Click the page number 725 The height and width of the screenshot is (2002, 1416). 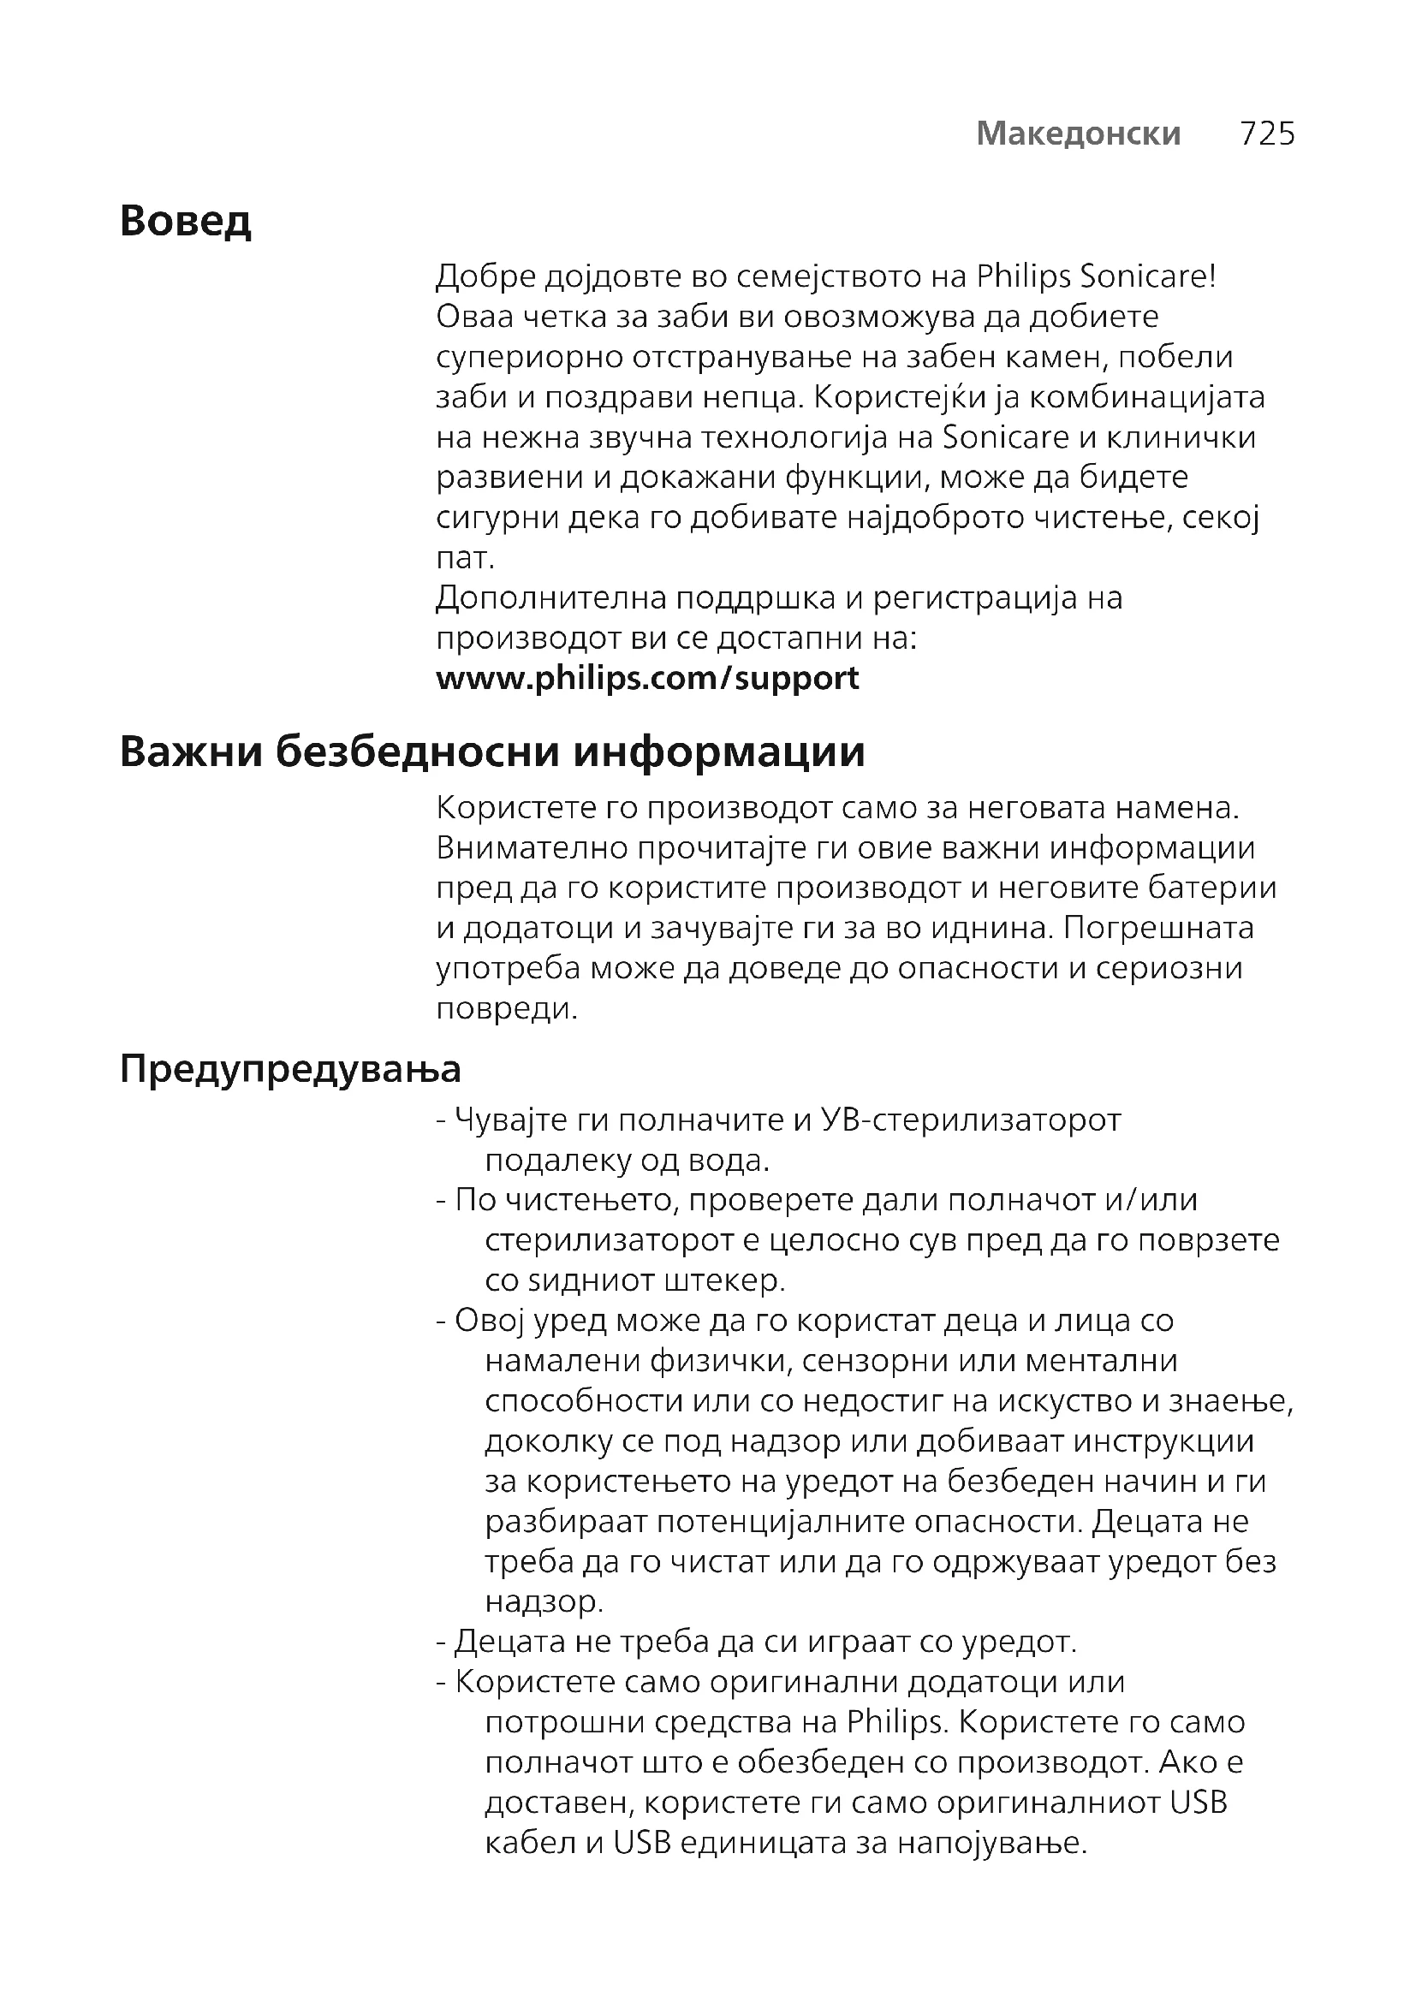tap(1267, 134)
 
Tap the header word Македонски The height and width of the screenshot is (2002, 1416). tap(1079, 134)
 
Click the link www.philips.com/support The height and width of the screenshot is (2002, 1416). tap(647, 678)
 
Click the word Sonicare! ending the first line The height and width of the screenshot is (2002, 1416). tap(1147, 276)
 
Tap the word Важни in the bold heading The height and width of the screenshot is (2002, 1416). tap(190, 751)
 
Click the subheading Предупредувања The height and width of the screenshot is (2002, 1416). tap(289, 1068)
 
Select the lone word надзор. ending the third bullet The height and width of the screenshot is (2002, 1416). tap(544, 1601)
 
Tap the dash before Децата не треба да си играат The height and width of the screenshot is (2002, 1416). tap(441, 1642)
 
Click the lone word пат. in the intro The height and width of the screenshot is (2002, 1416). tap(465, 557)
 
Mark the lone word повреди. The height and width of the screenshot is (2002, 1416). tap(507, 1009)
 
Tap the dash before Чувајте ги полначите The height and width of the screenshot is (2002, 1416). tap(441, 1120)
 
